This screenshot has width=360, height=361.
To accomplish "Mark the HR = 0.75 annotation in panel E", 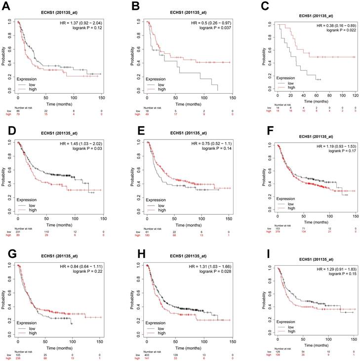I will [206, 144].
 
